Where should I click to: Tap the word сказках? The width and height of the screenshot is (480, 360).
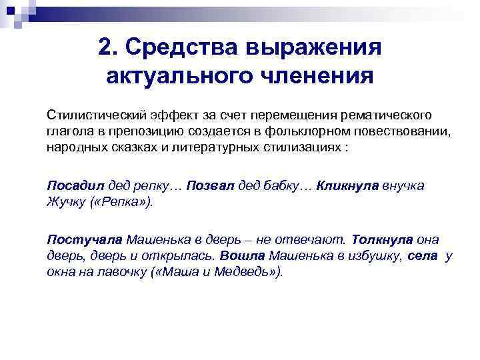coord(134,147)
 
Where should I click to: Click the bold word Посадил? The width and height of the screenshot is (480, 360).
coord(73,185)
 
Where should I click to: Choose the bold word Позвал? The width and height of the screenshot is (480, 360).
coord(211,185)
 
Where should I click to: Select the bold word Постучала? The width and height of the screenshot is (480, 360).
coord(85,239)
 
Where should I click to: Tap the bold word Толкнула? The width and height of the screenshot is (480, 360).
coord(382,239)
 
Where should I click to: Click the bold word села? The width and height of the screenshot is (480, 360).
coord(424,255)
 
